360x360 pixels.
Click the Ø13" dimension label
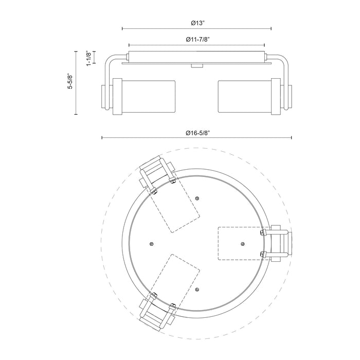click(x=197, y=23)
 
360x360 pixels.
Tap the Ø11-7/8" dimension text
click(x=197, y=39)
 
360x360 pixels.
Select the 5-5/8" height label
click(x=70, y=81)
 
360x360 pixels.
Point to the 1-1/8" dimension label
click(x=89, y=58)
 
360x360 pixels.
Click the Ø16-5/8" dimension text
click(x=198, y=133)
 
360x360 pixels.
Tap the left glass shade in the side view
click(x=148, y=97)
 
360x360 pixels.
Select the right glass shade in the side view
click(x=245, y=97)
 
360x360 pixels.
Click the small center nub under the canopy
click(x=197, y=66)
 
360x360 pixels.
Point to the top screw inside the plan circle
click(x=197, y=198)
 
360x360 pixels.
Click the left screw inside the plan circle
click(x=151, y=244)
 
